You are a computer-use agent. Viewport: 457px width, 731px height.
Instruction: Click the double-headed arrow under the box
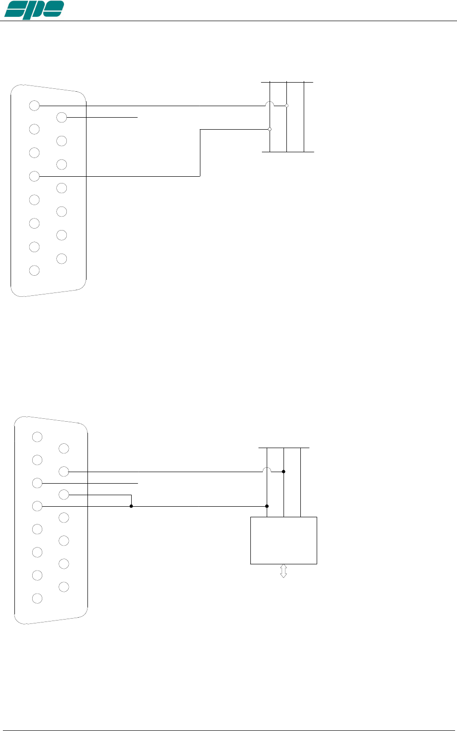coord(284,571)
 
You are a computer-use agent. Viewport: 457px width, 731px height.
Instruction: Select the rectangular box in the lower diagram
coord(284,540)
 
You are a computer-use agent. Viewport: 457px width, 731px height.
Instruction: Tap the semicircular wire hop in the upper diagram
coord(270,104)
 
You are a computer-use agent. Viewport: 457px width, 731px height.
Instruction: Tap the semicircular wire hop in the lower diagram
coord(267,470)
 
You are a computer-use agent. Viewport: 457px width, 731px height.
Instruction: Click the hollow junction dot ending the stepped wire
coord(270,129)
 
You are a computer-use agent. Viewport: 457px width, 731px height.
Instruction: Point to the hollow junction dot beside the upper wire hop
coord(286,106)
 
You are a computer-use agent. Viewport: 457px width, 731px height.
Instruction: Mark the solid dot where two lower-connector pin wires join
coord(131,506)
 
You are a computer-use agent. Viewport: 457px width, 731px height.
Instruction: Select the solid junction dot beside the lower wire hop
coord(284,472)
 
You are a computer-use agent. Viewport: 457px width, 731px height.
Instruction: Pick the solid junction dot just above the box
coord(267,506)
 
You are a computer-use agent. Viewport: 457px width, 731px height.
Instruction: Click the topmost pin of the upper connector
coord(34,106)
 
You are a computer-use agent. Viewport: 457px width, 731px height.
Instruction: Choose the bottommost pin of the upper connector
coord(34,270)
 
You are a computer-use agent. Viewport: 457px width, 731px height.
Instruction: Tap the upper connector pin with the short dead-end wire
coord(62,117)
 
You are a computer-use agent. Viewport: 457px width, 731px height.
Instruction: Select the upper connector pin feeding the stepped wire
coord(34,176)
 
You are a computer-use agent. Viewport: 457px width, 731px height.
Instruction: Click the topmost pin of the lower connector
coord(37,437)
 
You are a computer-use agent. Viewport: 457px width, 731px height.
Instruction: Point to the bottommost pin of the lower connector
coord(37,598)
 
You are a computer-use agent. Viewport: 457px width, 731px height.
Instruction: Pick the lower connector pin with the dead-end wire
coord(37,483)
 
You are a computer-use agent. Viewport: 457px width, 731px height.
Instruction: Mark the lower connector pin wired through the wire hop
coord(64,472)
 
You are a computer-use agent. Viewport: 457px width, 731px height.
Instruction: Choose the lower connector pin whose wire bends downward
coord(64,494)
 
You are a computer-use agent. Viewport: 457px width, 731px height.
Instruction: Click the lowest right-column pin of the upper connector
coord(62,258)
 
